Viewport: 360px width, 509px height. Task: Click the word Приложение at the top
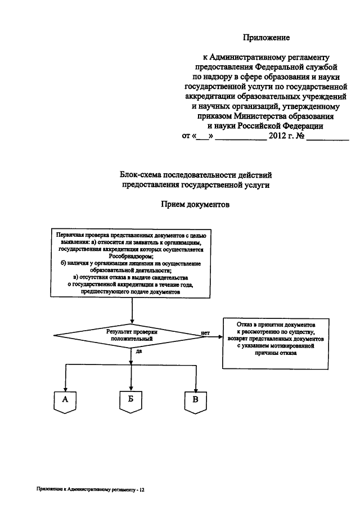point(266,38)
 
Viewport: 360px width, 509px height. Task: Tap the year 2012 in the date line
point(277,136)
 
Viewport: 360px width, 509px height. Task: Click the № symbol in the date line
point(300,136)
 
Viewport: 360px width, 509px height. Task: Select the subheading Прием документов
point(195,205)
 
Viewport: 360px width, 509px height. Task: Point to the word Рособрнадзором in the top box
point(132,256)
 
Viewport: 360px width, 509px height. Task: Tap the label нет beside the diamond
point(205,333)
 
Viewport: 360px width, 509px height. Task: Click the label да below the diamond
point(138,351)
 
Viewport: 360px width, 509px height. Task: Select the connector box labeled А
point(65,402)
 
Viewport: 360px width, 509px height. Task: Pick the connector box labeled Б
point(130,402)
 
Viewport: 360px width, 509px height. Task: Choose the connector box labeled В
point(195,403)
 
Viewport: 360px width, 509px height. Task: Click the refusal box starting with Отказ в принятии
point(276,344)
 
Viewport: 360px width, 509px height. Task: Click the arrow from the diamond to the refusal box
point(214,336)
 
